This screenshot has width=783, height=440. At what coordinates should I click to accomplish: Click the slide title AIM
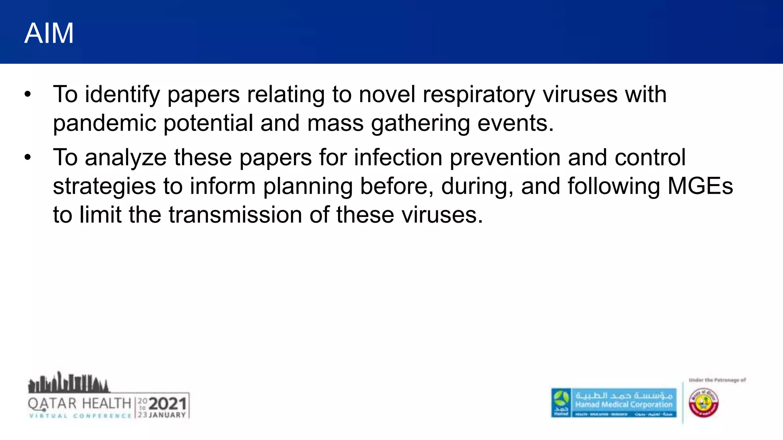pyautogui.click(x=49, y=34)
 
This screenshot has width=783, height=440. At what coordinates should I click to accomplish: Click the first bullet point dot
pyautogui.click(x=27, y=94)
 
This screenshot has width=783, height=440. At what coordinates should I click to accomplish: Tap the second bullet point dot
pyautogui.click(x=27, y=157)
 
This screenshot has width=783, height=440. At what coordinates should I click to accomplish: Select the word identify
pyautogui.click(x=122, y=95)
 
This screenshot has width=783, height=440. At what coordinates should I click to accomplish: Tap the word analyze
pyautogui.click(x=126, y=157)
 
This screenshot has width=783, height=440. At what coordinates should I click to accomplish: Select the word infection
pyautogui.click(x=398, y=157)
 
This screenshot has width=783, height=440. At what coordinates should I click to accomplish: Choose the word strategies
pyautogui.click(x=104, y=186)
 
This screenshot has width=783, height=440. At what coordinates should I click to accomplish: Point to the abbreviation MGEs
pyautogui.click(x=700, y=186)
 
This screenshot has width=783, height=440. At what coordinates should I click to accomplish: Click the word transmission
pyautogui.click(x=235, y=215)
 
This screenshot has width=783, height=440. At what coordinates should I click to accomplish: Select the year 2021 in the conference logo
pyautogui.click(x=167, y=404)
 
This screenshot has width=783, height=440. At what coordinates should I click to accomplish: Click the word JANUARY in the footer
pyautogui.click(x=167, y=415)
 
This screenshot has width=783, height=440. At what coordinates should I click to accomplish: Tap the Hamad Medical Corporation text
pyautogui.click(x=624, y=404)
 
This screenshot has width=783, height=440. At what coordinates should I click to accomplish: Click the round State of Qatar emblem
pyautogui.click(x=703, y=403)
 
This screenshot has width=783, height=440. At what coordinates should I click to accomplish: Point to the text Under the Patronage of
pyautogui.click(x=717, y=380)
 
